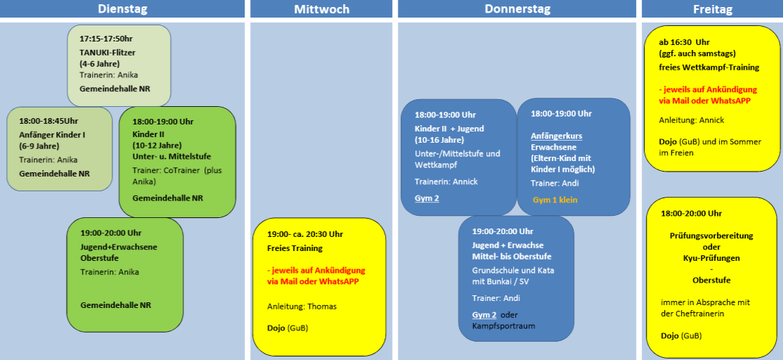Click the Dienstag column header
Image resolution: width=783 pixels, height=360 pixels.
point(122,8)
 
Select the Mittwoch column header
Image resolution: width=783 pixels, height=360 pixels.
point(322,8)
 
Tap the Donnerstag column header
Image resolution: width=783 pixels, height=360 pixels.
point(517,8)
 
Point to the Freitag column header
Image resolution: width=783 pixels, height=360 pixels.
point(712,8)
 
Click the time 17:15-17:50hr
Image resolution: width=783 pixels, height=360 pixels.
point(106,39)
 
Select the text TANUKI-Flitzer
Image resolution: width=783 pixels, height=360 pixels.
point(108,52)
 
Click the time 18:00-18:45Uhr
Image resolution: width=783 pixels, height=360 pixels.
point(48,120)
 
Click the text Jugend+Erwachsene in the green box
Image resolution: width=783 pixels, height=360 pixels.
point(115,246)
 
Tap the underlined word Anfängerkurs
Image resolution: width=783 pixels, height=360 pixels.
point(556,136)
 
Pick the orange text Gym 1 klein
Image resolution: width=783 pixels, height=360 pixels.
point(555,200)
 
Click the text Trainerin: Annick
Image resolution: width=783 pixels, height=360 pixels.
point(446,181)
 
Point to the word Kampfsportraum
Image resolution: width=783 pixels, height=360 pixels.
point(503,326)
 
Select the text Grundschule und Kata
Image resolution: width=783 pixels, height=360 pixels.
point(513,270)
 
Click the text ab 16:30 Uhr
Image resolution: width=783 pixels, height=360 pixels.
point(684,42)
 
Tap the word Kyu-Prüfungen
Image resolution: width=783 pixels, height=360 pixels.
point(711,258)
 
